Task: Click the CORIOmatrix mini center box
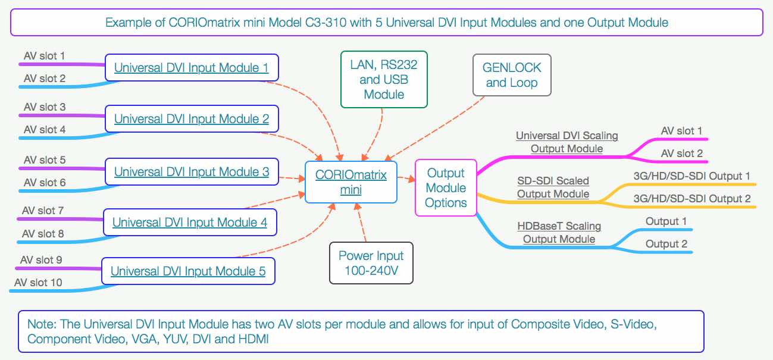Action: coord(350,182)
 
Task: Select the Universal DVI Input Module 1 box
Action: coord(191,68)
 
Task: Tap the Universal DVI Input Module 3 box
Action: coord(191,172)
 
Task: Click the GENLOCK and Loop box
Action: coord(511,76)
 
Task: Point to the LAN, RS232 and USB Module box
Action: coord(384,79)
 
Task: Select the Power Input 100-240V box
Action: coord(371,263)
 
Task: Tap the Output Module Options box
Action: coord(445,187)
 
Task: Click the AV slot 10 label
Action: coord(38,282)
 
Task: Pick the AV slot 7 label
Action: coord(43,210)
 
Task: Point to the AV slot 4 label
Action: coord(45,129)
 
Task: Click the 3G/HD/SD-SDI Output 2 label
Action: coord(691,199)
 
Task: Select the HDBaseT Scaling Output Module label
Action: coord(559,233)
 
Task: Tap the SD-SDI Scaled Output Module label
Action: coord(553,187)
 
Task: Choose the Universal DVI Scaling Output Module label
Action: coord(567,142)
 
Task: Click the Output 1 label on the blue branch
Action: coord(666,221)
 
